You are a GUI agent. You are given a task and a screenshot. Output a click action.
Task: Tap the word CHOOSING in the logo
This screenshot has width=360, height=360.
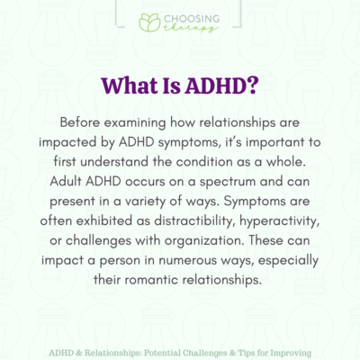(x=191, y=17)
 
